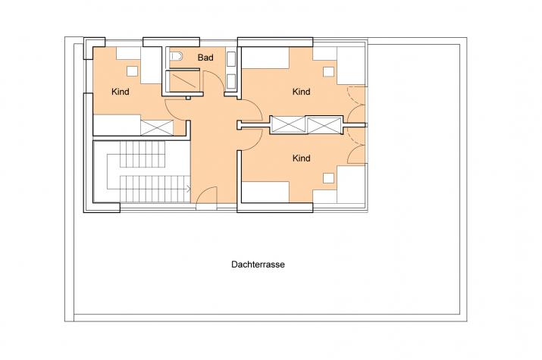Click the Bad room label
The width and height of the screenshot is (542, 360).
(x=205, y=58)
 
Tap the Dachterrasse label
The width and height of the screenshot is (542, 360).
(x=258, y=265)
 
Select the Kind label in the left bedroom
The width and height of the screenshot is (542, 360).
(x=121, y=92)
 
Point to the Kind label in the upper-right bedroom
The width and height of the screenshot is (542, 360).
(x=301, y=92)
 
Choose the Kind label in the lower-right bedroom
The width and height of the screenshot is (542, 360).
(x=301, y=158)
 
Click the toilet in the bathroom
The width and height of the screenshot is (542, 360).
(x=177, y=56)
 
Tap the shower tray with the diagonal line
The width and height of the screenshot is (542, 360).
(x=183, y=81)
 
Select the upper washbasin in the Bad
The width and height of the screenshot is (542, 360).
(x=231, y=59)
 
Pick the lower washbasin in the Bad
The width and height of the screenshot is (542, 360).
(x=231, y=82)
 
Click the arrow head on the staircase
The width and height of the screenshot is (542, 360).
(x=189, y=189)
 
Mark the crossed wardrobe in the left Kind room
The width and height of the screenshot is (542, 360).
(x=157, y=127)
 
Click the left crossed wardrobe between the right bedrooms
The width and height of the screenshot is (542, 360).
(x=288, y=124)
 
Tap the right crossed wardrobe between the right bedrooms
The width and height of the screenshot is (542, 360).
(x=324, y=125)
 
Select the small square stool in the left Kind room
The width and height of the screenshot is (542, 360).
(x=132, y=71)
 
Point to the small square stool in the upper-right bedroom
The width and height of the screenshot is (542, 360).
(x=329, y=72)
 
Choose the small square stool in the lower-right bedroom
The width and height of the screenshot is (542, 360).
(x=329, y=178)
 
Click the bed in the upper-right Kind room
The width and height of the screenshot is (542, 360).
(x=265, y=58)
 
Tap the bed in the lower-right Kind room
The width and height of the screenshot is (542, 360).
(x=265, y=192)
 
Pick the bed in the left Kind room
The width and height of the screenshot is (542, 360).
(x=117, y=125)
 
